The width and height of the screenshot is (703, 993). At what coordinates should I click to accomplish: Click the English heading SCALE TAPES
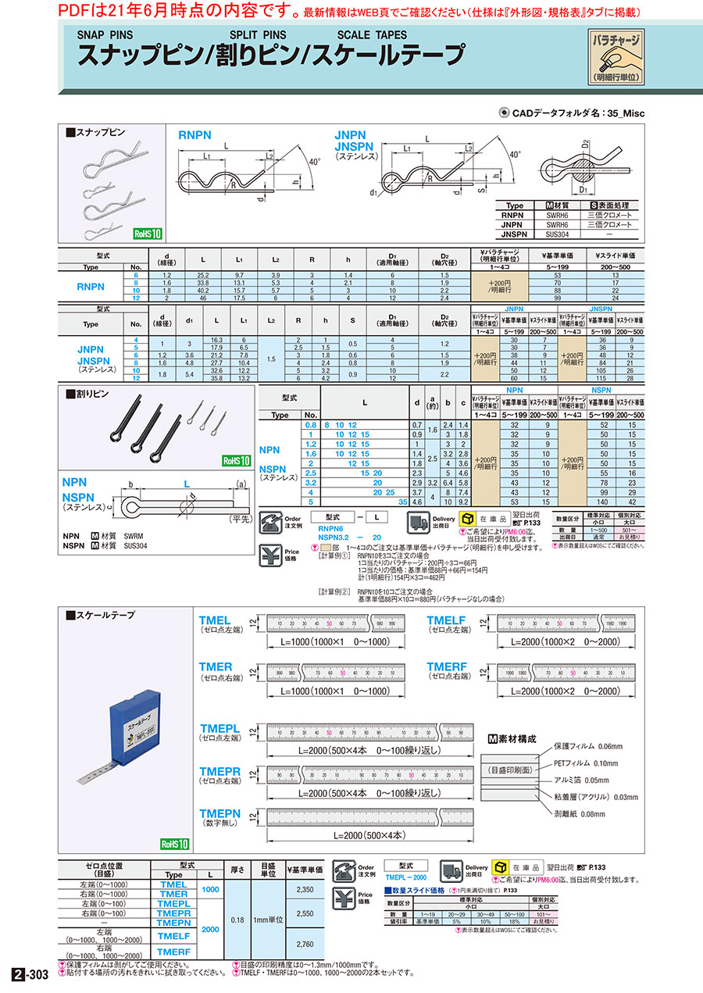372,35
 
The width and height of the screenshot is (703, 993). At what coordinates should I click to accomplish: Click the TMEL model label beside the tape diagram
215,620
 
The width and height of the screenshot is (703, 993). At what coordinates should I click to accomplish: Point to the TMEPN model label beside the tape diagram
220,813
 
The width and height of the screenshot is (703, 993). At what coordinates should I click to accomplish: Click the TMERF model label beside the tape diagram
447,666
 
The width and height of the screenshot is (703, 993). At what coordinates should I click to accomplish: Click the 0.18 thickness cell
237,920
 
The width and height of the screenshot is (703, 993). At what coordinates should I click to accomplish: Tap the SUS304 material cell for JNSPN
551,234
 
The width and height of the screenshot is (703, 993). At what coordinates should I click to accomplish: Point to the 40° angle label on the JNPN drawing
515,155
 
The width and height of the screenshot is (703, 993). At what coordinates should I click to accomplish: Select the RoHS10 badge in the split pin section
234,461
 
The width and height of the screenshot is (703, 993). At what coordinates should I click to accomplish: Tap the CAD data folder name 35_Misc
624,113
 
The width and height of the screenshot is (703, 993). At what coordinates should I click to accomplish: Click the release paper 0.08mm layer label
580,814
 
